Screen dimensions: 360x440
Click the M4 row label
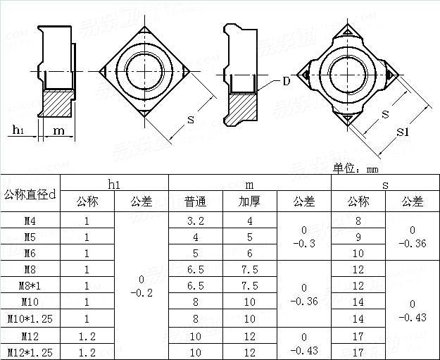tap(30, 221)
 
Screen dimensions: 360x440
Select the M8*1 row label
tap(30, 285)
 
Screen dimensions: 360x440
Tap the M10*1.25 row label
tap(30, 318)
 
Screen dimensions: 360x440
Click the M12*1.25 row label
tap(30, 352)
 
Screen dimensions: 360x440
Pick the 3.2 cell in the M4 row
tap(195, 221)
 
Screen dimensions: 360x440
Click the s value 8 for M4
tap(358, 221)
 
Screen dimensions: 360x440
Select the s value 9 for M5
tap(358, 237)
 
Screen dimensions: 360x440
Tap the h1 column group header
tap(114, 184)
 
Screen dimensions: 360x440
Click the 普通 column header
tap(195, 201)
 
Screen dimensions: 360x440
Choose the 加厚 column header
tap(249, 201)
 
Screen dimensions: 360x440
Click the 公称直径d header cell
tap(30, 193)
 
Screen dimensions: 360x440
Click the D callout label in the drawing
tap(286, 81)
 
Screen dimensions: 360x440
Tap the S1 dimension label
tap(401, 132)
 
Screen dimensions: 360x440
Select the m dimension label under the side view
tap(59, 130)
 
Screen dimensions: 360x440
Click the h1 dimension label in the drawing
tap(19, 130)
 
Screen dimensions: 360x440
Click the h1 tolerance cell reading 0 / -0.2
tap(142, 285)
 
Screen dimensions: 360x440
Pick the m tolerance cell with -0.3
tap(303, 237)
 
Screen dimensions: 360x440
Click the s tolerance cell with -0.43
tap(413, 310)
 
